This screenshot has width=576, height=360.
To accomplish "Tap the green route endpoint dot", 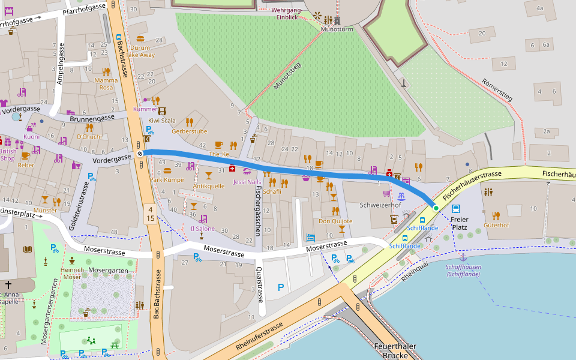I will [436, 208].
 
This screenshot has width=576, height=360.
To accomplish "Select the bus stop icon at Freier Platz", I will [457, 209].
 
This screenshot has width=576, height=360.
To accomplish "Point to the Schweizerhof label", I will [380, 205].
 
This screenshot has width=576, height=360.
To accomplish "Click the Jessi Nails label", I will [247, 182].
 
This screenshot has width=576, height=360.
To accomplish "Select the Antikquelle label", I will [208, 186].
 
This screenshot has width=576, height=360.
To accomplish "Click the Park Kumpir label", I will [167, 180].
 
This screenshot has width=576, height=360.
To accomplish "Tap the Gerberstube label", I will [189, 131].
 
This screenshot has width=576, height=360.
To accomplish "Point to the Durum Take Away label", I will [140, 51].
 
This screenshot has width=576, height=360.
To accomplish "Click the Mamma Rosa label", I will [106, 83].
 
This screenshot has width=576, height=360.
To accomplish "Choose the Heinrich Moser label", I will [72, 274].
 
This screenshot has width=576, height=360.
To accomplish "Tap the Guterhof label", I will [496, 225].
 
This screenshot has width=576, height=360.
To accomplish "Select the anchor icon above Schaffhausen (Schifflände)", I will [463, 257].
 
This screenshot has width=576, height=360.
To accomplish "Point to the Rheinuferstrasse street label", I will [259, 337].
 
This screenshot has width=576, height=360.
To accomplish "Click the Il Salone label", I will [202, 229].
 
